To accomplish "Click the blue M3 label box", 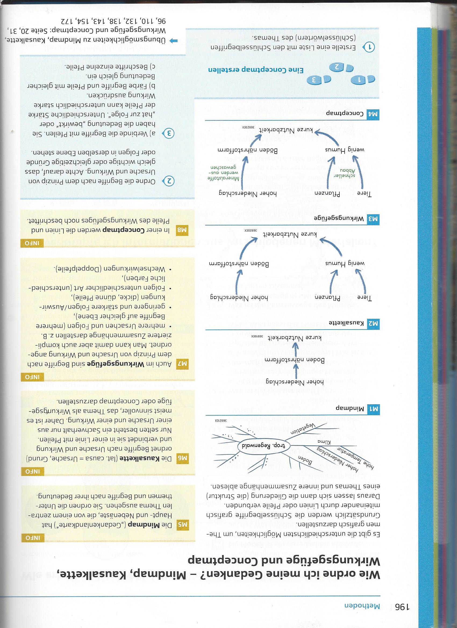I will tap(373, 218).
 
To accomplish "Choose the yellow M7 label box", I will tap(183, 365).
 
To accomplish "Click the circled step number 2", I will tap(170, 181).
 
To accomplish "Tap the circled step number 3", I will tap(170, 134).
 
